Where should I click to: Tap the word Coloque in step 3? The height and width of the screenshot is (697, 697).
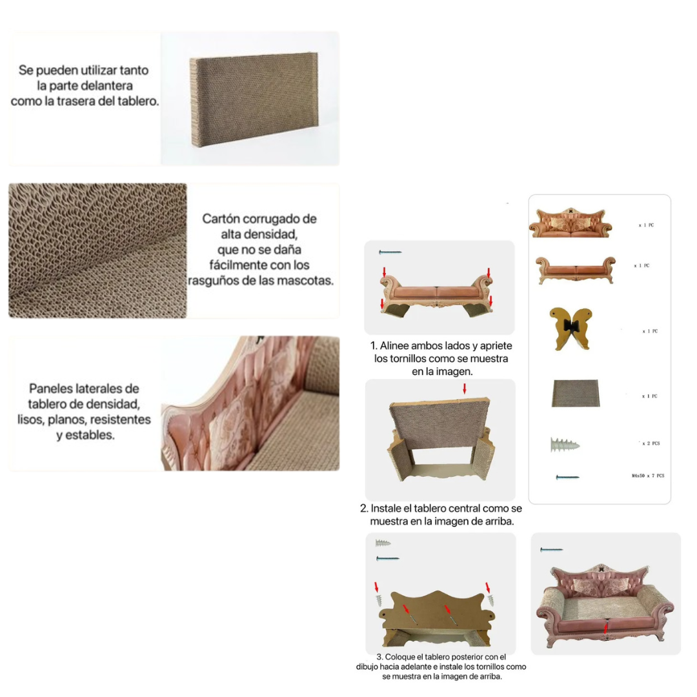(x=399, y=657)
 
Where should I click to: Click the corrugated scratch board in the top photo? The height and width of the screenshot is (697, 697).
(x=255, y=99)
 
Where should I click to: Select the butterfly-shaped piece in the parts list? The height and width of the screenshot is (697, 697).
(x=571, y=328)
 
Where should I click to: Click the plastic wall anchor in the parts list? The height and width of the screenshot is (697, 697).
(x=565, y=445)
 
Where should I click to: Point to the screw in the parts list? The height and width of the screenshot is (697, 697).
(x=568, y=478)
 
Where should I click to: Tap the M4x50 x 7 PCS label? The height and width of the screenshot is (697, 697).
(x=648, y=476)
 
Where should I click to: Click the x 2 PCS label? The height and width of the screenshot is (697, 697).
(x=651, y=443)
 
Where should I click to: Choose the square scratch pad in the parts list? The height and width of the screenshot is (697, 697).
(x=576, y=393)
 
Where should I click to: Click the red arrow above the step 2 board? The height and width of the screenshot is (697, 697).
(x=465, y=389)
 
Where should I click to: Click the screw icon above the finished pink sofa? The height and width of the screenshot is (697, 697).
(x=551, y=550)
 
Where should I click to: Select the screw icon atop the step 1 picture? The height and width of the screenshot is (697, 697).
(x=390, y=252)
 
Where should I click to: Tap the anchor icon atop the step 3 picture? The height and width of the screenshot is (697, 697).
(x=383, y=543)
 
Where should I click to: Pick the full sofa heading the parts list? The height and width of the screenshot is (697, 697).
(x=571, y=223)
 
